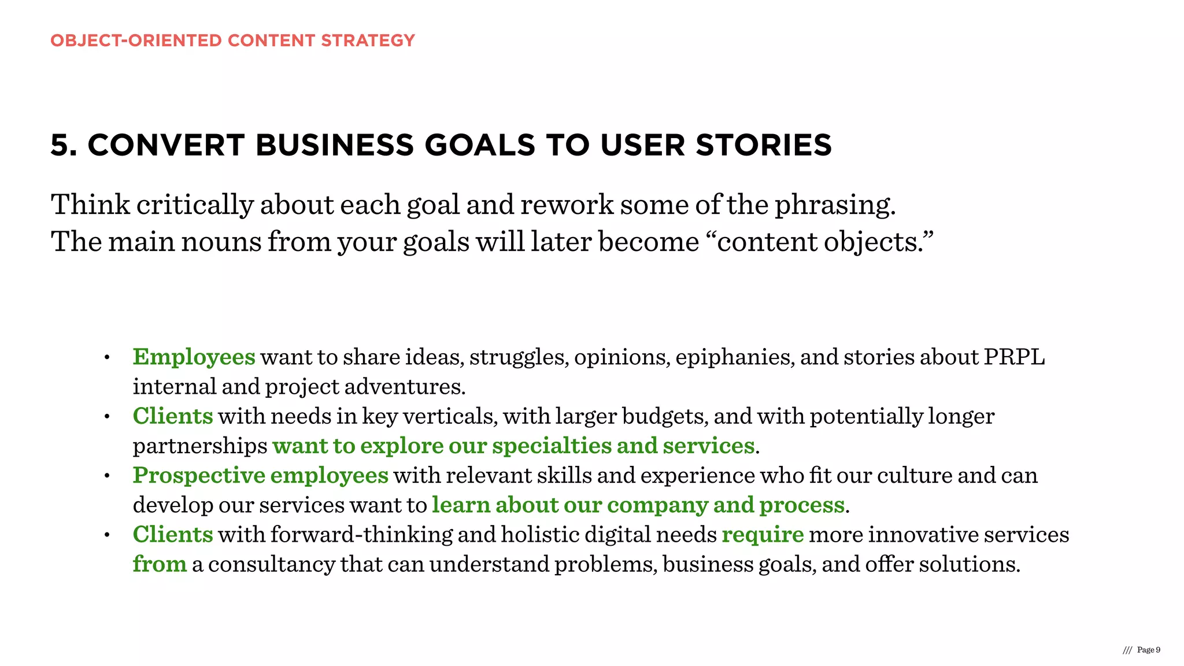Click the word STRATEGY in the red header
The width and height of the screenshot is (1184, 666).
tap(368, 40)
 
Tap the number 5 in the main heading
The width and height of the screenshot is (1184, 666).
tap(63, 145)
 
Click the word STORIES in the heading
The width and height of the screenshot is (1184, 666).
tap(763, 145)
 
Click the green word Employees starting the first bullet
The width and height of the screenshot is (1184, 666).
tap(194, 357)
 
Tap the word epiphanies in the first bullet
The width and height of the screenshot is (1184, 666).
tap(734, 357)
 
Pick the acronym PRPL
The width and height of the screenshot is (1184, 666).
tap(1015, 357)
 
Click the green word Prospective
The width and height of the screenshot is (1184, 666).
tap(199, 476)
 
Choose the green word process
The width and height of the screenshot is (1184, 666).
tap(801, 505)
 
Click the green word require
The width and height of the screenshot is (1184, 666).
tap(763, 535)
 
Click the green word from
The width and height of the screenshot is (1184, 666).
tap(160, 564)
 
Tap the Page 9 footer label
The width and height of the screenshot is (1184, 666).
tap(1148, 650)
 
